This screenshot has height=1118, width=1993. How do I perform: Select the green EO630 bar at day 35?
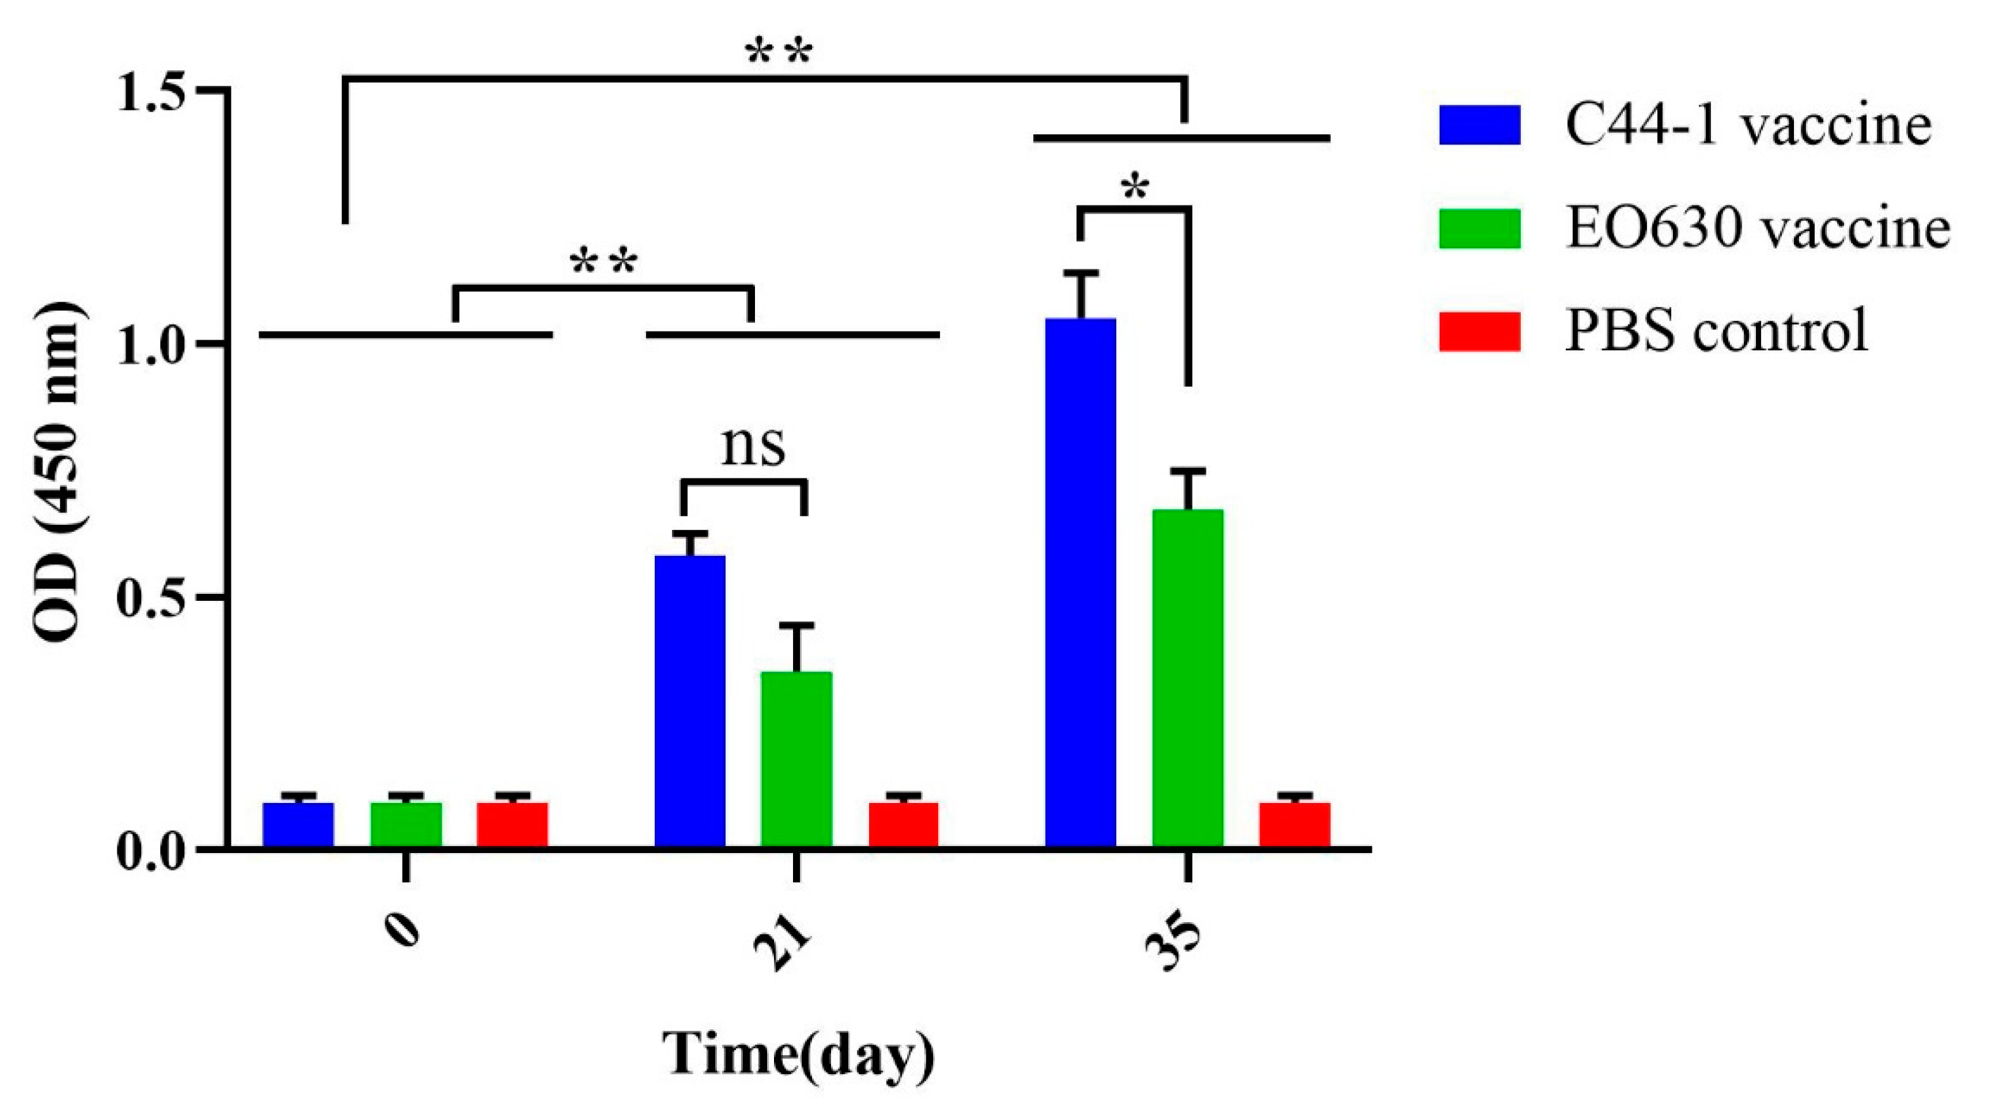click(x=1187, y=678)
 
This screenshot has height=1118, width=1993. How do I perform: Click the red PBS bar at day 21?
click(x=903, y=825)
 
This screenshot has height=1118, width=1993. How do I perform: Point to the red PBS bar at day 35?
click(x=1294, y=825)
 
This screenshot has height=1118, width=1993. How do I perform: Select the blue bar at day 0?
click(x=298, y=825)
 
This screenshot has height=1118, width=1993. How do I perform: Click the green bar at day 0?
click(x=406, y=825)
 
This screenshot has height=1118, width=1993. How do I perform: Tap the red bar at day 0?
click(x=512, y=825)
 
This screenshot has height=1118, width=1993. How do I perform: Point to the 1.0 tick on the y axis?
click(x=154, y=344)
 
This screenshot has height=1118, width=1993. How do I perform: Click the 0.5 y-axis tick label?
click(x=154, y=596)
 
